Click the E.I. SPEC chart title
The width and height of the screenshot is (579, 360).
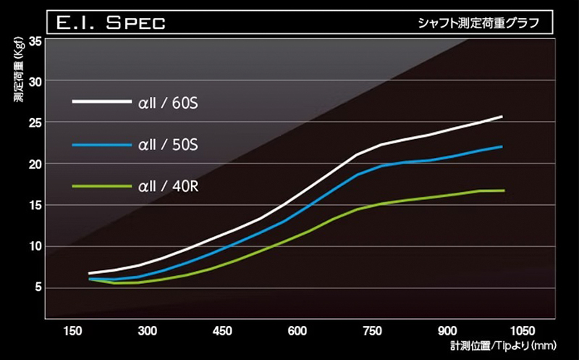[111, 22]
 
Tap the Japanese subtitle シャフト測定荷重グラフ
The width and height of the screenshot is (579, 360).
[478, 22]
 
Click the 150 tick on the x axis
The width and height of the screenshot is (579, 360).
[72, 330]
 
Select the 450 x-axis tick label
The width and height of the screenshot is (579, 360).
[223, 330]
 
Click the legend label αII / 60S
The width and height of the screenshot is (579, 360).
[168, 103]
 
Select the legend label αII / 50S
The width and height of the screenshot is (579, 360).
[168, 146]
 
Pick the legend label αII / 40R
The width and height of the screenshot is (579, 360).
[168, 187]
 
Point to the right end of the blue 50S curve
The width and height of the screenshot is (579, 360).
[502, 146]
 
